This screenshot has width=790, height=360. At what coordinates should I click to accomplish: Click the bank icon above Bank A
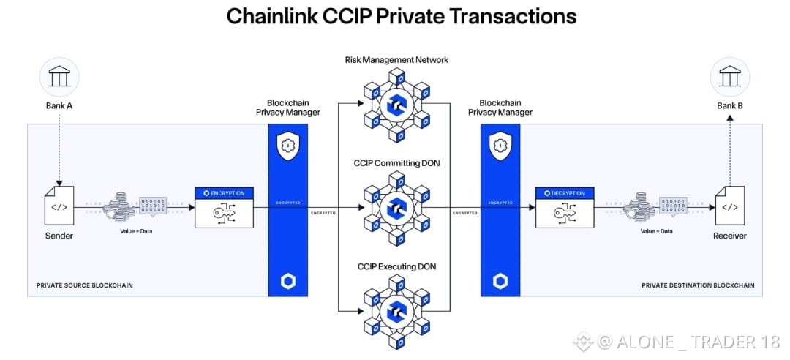coord(59,76)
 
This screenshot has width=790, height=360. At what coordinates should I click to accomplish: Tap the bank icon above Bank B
coord(729,76)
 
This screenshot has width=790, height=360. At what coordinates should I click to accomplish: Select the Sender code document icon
coord(59,207)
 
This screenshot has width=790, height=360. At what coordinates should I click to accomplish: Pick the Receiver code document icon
coord(729,207)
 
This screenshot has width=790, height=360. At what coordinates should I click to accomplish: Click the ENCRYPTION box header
coord(224,193)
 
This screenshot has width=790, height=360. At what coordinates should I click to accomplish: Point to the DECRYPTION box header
coord(564,193)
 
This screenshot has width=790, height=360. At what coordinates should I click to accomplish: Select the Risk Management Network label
coord(396,59)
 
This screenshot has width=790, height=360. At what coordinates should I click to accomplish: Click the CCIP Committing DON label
coord(396,162)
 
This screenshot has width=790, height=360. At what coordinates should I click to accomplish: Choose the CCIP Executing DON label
coord(396,267)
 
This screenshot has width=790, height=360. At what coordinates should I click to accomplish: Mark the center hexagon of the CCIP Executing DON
coord(397,310)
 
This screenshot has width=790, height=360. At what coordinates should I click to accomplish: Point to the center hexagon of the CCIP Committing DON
coord(397,207)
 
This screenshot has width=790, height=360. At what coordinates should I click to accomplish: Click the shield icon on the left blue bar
coord(288,146)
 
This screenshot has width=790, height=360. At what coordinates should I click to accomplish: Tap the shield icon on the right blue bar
coord(500,146)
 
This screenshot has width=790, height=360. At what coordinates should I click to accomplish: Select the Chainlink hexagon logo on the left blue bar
coord(288,282)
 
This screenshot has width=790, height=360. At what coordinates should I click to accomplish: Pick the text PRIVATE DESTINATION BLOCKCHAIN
coord(697,285)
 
